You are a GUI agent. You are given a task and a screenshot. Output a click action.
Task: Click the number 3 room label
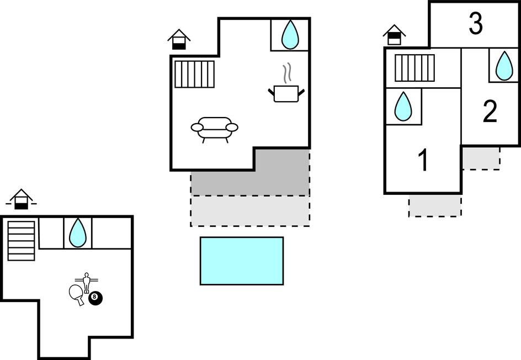tap(475, 24)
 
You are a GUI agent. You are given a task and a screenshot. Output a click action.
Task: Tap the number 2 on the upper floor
tap(490, 112)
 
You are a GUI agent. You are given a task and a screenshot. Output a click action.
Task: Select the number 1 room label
tap(423, 161)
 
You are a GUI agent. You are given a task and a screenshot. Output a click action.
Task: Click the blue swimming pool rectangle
tap(242, 261)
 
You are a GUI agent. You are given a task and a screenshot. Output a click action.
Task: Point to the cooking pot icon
tap(286, 92)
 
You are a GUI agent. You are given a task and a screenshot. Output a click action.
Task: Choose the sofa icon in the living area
tap(215, 129)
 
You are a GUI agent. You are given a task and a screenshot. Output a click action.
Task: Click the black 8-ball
tap(95, 298)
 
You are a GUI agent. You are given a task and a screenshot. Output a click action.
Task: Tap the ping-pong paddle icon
tap(77, 294)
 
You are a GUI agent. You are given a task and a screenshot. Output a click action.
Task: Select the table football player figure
tap(86, 282)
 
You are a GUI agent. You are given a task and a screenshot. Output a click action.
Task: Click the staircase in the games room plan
tap(22, 240)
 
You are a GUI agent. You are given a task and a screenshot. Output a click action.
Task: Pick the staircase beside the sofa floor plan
tap(194, 74)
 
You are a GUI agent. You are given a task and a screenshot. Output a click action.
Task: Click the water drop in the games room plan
tap(78, 232)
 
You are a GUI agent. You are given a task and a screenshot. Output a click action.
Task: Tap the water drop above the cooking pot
tap(290, 35)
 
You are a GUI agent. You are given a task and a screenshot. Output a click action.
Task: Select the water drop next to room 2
tap(503, 65)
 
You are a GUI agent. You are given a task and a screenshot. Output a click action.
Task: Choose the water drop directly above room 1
tap(403, 107)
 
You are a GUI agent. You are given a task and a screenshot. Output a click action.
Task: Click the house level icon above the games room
tap(21, 199)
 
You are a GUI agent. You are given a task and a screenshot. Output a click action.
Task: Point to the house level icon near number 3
tap(394, 35)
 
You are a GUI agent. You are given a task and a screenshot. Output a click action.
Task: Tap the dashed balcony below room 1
tap(435, 205)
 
